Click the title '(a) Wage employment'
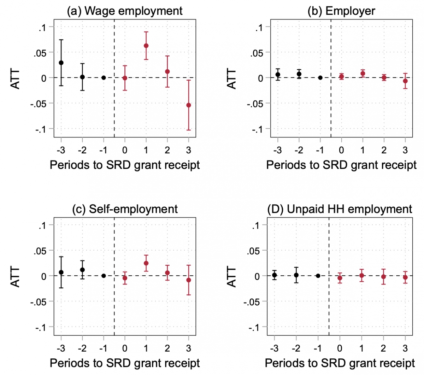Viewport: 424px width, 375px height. [125, 11]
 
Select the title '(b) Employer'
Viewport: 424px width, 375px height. [341, 11]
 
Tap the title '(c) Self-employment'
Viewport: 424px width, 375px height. [125, 209]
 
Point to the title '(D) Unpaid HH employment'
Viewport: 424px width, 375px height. [340, 209]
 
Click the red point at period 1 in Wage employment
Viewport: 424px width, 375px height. [146, 46]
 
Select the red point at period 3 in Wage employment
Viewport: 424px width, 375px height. [189, 105]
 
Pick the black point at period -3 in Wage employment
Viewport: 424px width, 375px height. [61, 63]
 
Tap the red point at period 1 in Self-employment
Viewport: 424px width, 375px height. [146, 263]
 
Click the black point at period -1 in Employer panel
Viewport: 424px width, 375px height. [320, 78]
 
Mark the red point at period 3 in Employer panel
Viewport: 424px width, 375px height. [405, 81]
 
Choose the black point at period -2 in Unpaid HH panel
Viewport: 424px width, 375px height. [296, 275]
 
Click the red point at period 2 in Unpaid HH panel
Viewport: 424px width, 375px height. [383, 277]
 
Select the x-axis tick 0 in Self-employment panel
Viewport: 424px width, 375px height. [125, 348]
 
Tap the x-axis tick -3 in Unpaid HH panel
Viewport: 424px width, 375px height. [274, 348]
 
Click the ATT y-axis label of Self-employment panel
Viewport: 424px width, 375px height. [16, 276]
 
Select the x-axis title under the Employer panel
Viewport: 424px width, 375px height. [341, 165]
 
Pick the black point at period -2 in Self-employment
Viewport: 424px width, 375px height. [82, 270]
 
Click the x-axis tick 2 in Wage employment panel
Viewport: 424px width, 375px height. [167, 150]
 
